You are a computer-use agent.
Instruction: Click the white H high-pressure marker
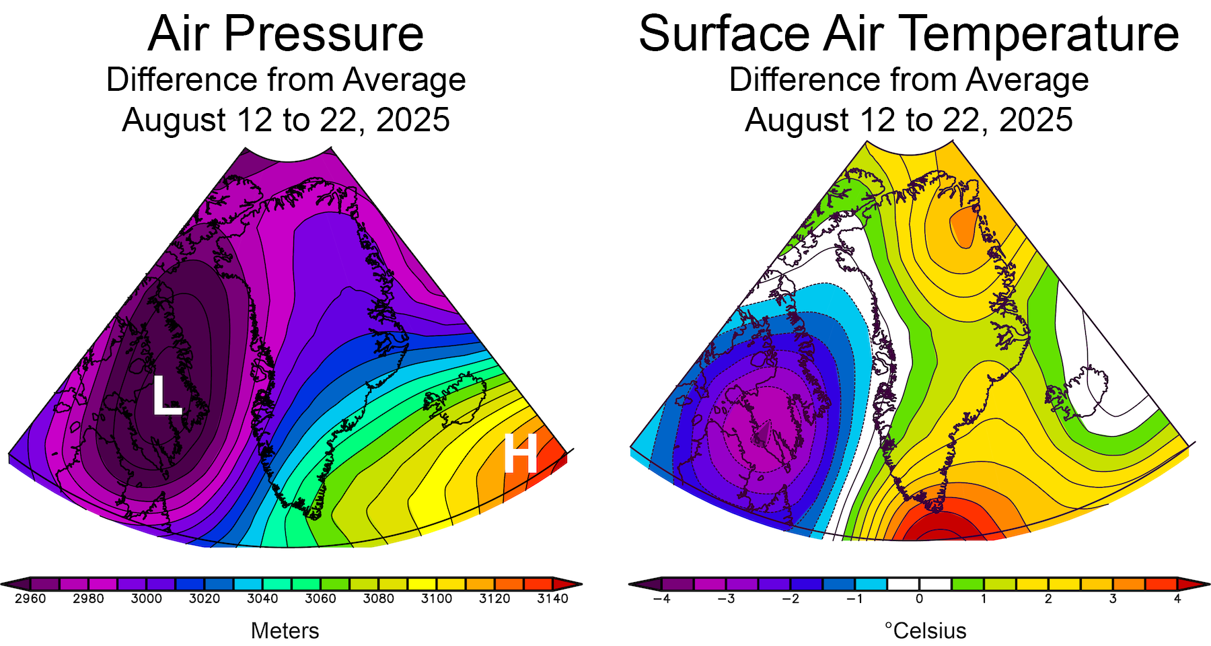[x=520, y=454]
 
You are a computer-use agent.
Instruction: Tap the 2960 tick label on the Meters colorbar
[x=30, y=599]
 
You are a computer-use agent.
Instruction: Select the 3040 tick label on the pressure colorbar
[x=262, y=599]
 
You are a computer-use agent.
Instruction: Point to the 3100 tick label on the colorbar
[x=437, y=599]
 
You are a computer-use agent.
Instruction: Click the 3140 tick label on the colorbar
[x=552, y=599]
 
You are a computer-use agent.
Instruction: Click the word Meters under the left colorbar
[x=285, y=631]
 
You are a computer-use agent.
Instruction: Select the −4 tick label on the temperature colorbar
[x=661, y=599]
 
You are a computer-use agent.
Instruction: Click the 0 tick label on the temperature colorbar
[x=919, y=599]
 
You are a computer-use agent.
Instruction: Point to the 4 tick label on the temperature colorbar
[x=1177, y=599]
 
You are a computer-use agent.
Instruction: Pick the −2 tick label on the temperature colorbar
[x=790, y=599]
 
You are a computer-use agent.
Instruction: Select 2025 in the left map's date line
[x=413, y=120]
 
